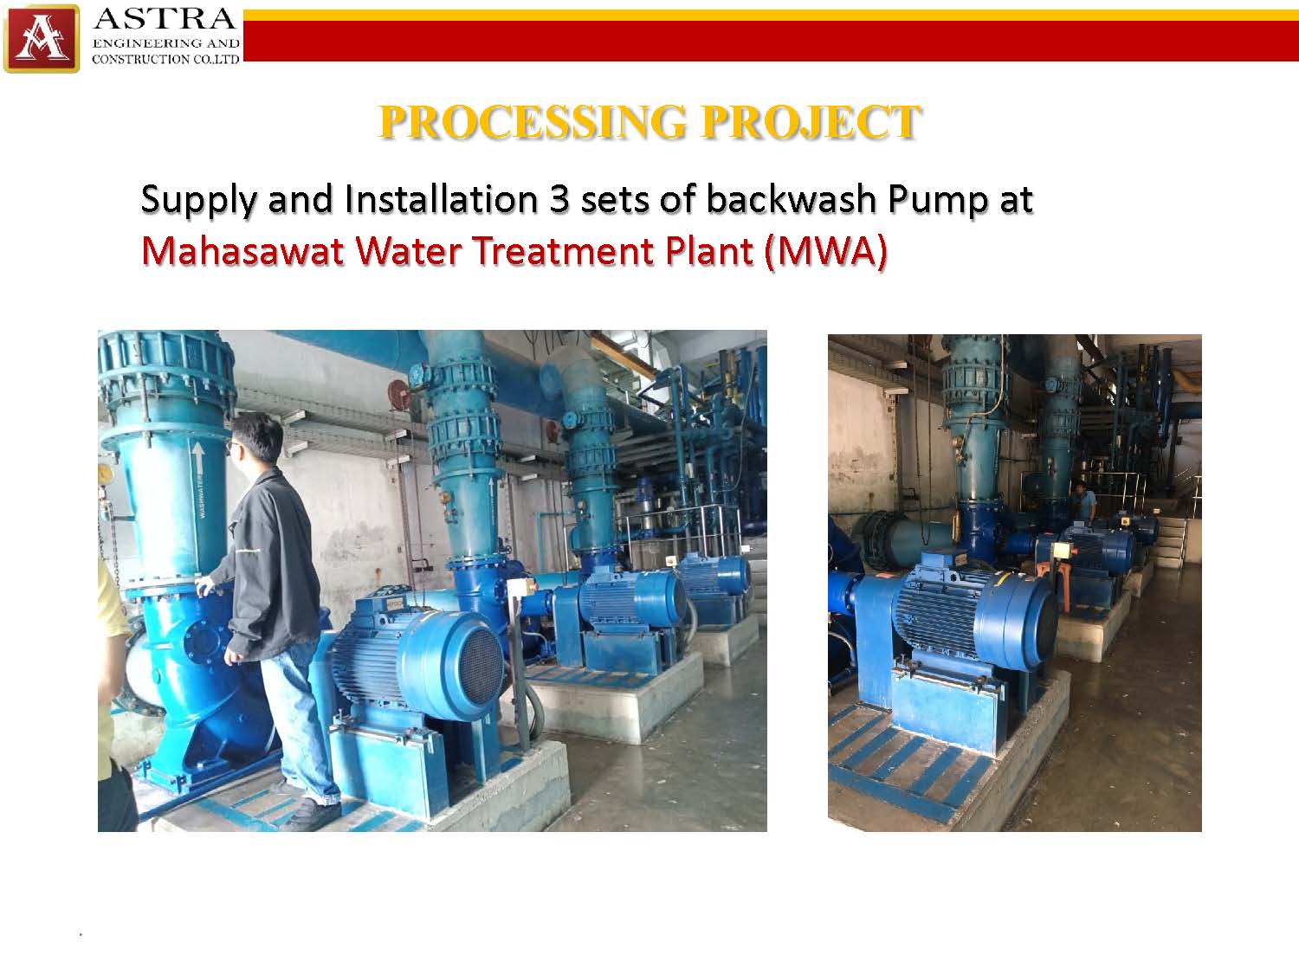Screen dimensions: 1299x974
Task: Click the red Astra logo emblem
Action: [42, 38]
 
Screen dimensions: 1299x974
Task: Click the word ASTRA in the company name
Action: [165, 19]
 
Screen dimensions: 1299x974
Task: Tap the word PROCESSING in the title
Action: [533, 122]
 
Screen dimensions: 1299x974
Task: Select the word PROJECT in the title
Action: [811, 122]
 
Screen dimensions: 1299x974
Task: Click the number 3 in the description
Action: [559, 199]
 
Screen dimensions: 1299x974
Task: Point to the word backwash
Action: [792, 199]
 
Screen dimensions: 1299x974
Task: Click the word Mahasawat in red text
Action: [242, 251]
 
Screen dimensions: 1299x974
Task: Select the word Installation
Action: [441, 199]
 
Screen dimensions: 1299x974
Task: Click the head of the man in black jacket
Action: [255, 437]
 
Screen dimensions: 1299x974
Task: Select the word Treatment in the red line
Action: [565, 251]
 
